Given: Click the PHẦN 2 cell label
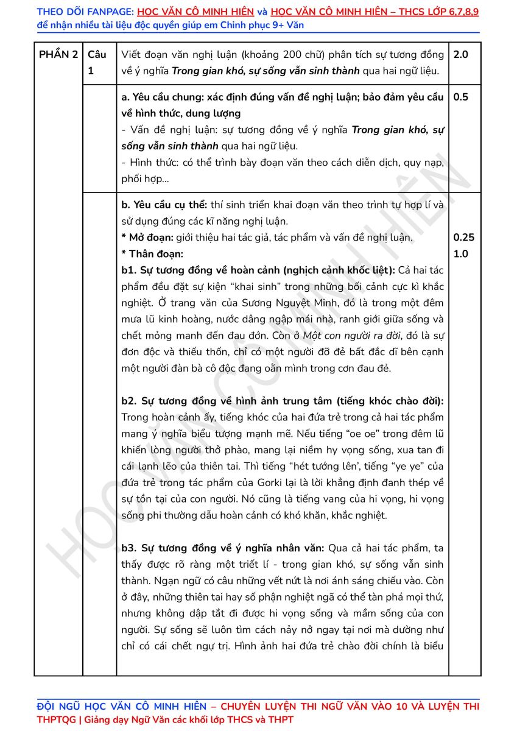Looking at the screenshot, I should point(58,55).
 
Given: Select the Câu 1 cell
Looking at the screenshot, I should point(97,62).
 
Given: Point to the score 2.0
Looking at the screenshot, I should point(461,55).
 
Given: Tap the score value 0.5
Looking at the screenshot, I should point(461,97).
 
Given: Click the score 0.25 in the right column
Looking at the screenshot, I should point(463,238).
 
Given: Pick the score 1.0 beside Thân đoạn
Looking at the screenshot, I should point(461,254).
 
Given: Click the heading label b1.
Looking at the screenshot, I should point(129,270).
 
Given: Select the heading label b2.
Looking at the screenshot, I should point(129,401).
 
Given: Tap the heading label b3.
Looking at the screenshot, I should point(129,548).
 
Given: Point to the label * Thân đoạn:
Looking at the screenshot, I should point(152,254).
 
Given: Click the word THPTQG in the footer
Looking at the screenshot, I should point(56,719).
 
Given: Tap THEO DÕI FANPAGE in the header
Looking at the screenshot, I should point(85,12).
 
